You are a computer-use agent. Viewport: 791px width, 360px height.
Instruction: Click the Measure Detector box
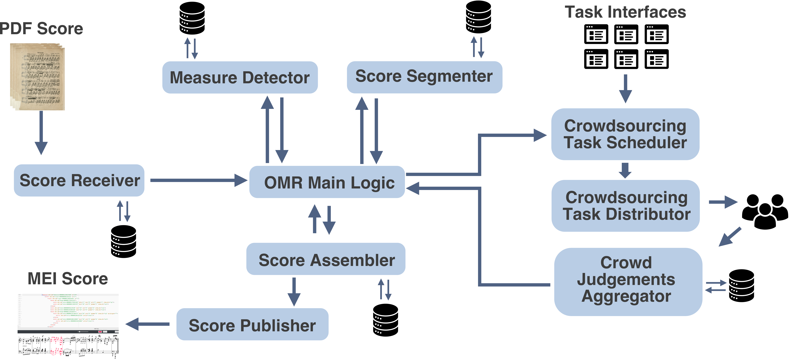click(x=240, y=77)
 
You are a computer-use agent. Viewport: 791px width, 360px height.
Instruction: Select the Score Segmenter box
click(x=424, y=77)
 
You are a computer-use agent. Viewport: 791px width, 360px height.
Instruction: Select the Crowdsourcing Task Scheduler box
click(x=625, y=134)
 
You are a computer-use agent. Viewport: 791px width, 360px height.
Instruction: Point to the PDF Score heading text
click(x=41, y=29)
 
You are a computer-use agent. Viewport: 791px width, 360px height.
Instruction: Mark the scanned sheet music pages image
click(x=37, y=77)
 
